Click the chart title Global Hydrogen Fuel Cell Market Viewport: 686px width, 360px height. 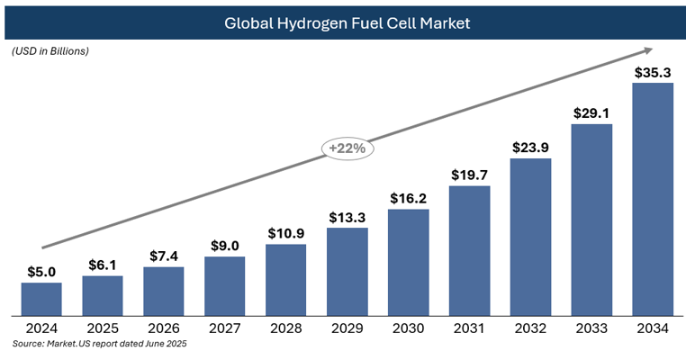(x=347, y=22)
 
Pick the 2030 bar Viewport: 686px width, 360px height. (x=409, y=262)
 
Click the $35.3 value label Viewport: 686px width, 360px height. (x=653, y=73)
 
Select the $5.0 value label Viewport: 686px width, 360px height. (x=41, y=272)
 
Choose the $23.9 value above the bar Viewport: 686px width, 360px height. (x=531, y=148)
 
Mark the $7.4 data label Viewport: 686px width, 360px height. (x=164, y=256)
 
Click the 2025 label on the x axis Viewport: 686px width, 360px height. (x=103, y=328)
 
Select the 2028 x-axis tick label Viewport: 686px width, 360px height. (x=286, y=328)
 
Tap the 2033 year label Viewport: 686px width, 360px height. (x=591, y=328)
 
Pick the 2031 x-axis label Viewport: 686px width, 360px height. (x=470, y=328)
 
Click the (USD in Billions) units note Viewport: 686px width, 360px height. (x=50, y=51)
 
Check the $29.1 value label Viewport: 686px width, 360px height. (x=591, y=113)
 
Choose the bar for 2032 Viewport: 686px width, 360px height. (x=531, y=238)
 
